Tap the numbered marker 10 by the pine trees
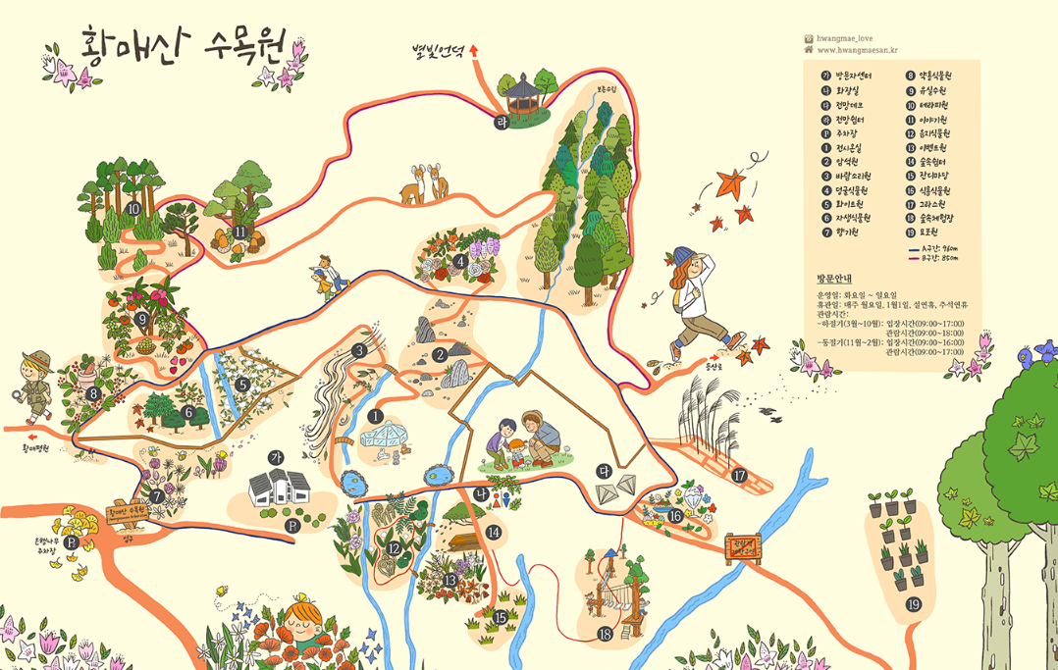(x=133, y=208)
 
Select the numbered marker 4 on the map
(x=460, y=261)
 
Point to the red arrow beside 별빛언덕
(x=474, y=48)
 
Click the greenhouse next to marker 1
(x=384, y=442)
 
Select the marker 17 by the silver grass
(x=739, y=476)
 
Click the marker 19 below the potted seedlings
(x=914, y=604)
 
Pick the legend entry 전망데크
(x=851, y=105)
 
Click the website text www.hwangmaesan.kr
(x=857, y=50)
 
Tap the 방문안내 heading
(x=835, y=279)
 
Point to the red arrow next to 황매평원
(x=31, y=438)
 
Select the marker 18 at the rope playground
(x=605, y=635)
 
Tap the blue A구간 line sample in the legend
(x=920, y=250)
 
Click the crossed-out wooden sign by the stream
(x=743, y=549)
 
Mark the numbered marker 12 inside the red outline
(x=395, y=549)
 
